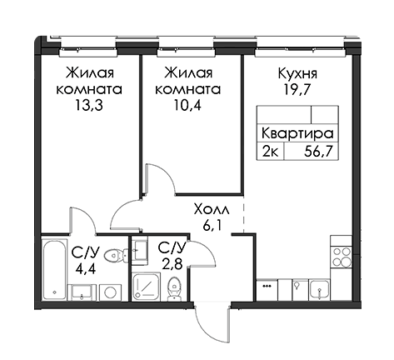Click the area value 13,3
[89, 106]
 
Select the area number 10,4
[187, 106]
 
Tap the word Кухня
[297, 74]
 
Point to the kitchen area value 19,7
[297, 90]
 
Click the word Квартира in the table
[297, 134]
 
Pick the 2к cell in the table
[269, 152]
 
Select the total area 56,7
[318, 152]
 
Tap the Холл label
[212, 210]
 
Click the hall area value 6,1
[212, 226]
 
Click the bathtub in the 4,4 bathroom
[55, 268]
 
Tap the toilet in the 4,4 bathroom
[116, 254]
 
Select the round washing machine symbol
[111, 292]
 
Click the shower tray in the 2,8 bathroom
[147, 287]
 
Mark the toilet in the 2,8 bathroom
[174, 289]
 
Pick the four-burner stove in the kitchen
[342, 257]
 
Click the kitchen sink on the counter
[320, 290]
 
